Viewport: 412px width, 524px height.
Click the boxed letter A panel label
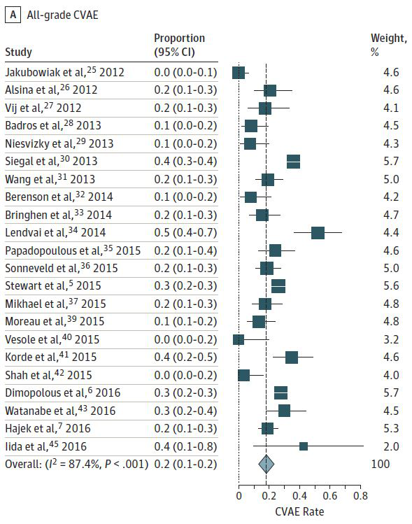click(x=13, y=15)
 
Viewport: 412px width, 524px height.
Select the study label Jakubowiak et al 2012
click(x=64, y=72)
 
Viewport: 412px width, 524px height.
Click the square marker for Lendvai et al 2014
click(x=318, y=232)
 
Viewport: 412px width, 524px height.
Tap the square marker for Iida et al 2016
click(x=304, y=446)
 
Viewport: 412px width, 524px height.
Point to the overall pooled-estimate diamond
click(x=267, y=464)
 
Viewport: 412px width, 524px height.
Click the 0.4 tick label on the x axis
click(x=299, y=495)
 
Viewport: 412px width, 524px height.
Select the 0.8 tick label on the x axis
click(x=360, y=495)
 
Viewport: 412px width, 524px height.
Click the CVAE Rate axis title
click(x=299, y=511)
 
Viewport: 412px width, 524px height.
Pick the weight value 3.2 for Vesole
click(x=391, y=339)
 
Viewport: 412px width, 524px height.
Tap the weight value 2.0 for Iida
click(x=391, y=446)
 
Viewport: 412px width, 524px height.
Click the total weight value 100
click(x=381, y=464)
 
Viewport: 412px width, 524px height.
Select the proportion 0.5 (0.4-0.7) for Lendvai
click(x=185, y=232)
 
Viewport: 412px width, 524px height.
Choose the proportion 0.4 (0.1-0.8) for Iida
click(x=185, y=446)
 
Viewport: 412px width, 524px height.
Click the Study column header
click(x=18, y=52)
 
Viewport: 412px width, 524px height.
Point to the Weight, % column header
click(x=389, y=45)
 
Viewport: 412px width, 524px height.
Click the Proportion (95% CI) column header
click(x=180, y=45)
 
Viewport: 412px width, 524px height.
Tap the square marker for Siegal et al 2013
click(x=293, y=162)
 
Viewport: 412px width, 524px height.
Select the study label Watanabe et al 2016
click(x=60, y=411)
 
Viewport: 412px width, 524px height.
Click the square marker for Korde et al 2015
click(x=292, y=357)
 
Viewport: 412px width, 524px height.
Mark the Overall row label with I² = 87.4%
click(x=76, y=464)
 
